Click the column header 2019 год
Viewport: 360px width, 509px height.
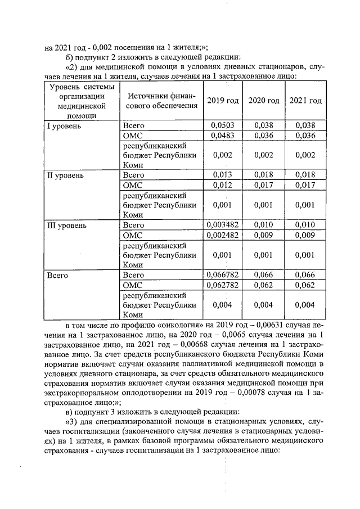click(223, 100)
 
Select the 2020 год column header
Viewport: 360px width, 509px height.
click(264, 100)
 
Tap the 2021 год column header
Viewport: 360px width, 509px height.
click(305, 100)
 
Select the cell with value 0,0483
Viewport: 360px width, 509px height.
click(223, 135)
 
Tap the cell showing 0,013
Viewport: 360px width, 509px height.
click(223, 175)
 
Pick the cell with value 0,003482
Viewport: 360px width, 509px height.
click(223, 225)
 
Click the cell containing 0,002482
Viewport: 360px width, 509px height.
click(223, 235)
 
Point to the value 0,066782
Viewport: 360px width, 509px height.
click(223, 275)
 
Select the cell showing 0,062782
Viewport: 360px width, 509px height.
click(223, 285)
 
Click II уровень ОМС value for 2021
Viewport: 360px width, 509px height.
click(305, 185)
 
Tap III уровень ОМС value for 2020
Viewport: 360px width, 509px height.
click(264, 235)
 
